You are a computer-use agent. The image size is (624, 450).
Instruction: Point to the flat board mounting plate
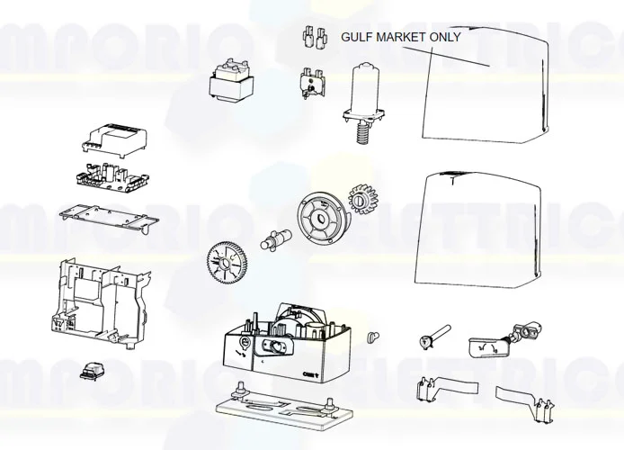[107, 219]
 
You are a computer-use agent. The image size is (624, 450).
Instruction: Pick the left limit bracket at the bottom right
[432, 392]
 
